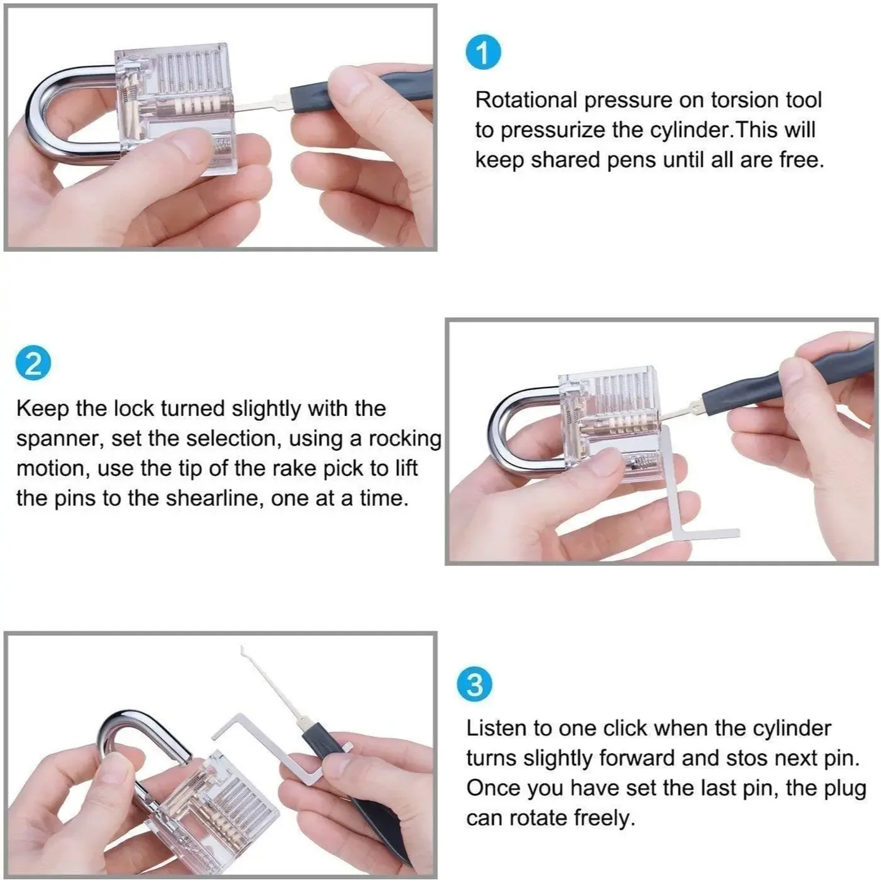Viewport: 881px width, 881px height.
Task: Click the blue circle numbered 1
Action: [483, 54]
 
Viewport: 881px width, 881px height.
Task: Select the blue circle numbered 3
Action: [475, 686]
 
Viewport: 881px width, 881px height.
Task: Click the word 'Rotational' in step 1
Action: [526, 100]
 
